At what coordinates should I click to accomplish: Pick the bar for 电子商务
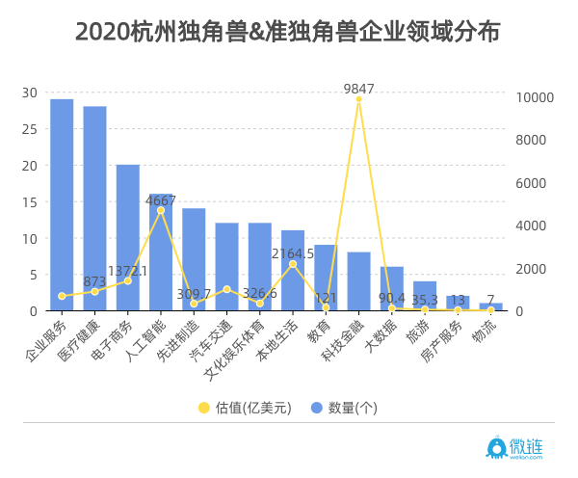127,237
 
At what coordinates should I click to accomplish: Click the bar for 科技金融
358,281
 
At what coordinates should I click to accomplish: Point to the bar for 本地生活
293,271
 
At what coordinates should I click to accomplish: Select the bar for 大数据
391,288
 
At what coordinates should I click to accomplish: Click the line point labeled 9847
358,99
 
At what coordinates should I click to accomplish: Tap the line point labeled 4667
161,210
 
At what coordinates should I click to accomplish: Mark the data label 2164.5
293,253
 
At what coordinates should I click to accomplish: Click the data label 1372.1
128,271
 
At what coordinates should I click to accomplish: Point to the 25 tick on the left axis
30,129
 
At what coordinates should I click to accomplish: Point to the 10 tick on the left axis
30,238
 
